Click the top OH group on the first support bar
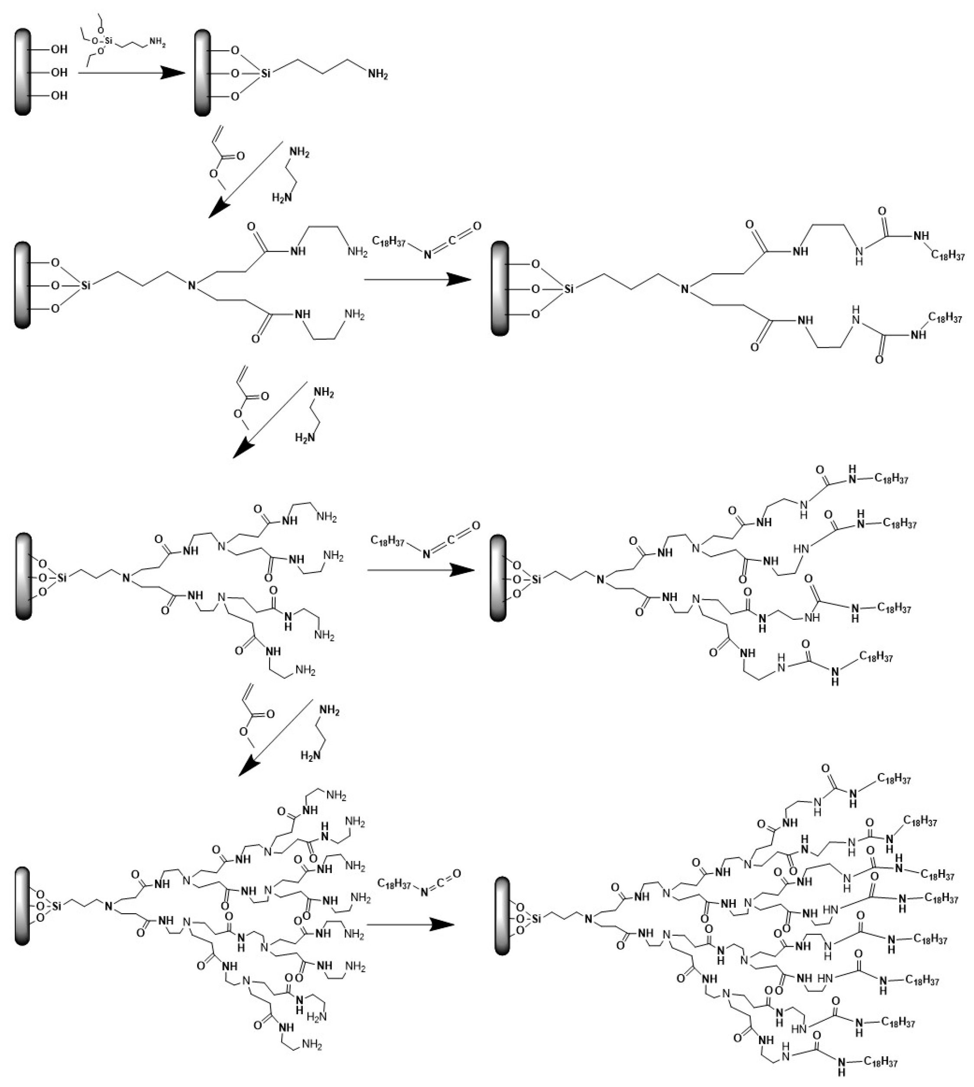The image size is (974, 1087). pyautogui.click(x=59, y=49)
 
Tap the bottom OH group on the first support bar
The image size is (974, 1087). pyautogui.click(x=59, y=96)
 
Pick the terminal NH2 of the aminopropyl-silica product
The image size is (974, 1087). pyautogui.click(x=377, y=75)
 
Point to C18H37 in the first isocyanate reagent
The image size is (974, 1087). pyautogui.click(x=389, y=241)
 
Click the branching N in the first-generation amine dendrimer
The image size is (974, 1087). pyautogui.click(x=192, y=286)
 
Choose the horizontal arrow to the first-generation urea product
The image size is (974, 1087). pyautogui.click(x=417, y=279)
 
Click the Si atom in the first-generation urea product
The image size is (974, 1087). pyautogui.click(x=569, y=289)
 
